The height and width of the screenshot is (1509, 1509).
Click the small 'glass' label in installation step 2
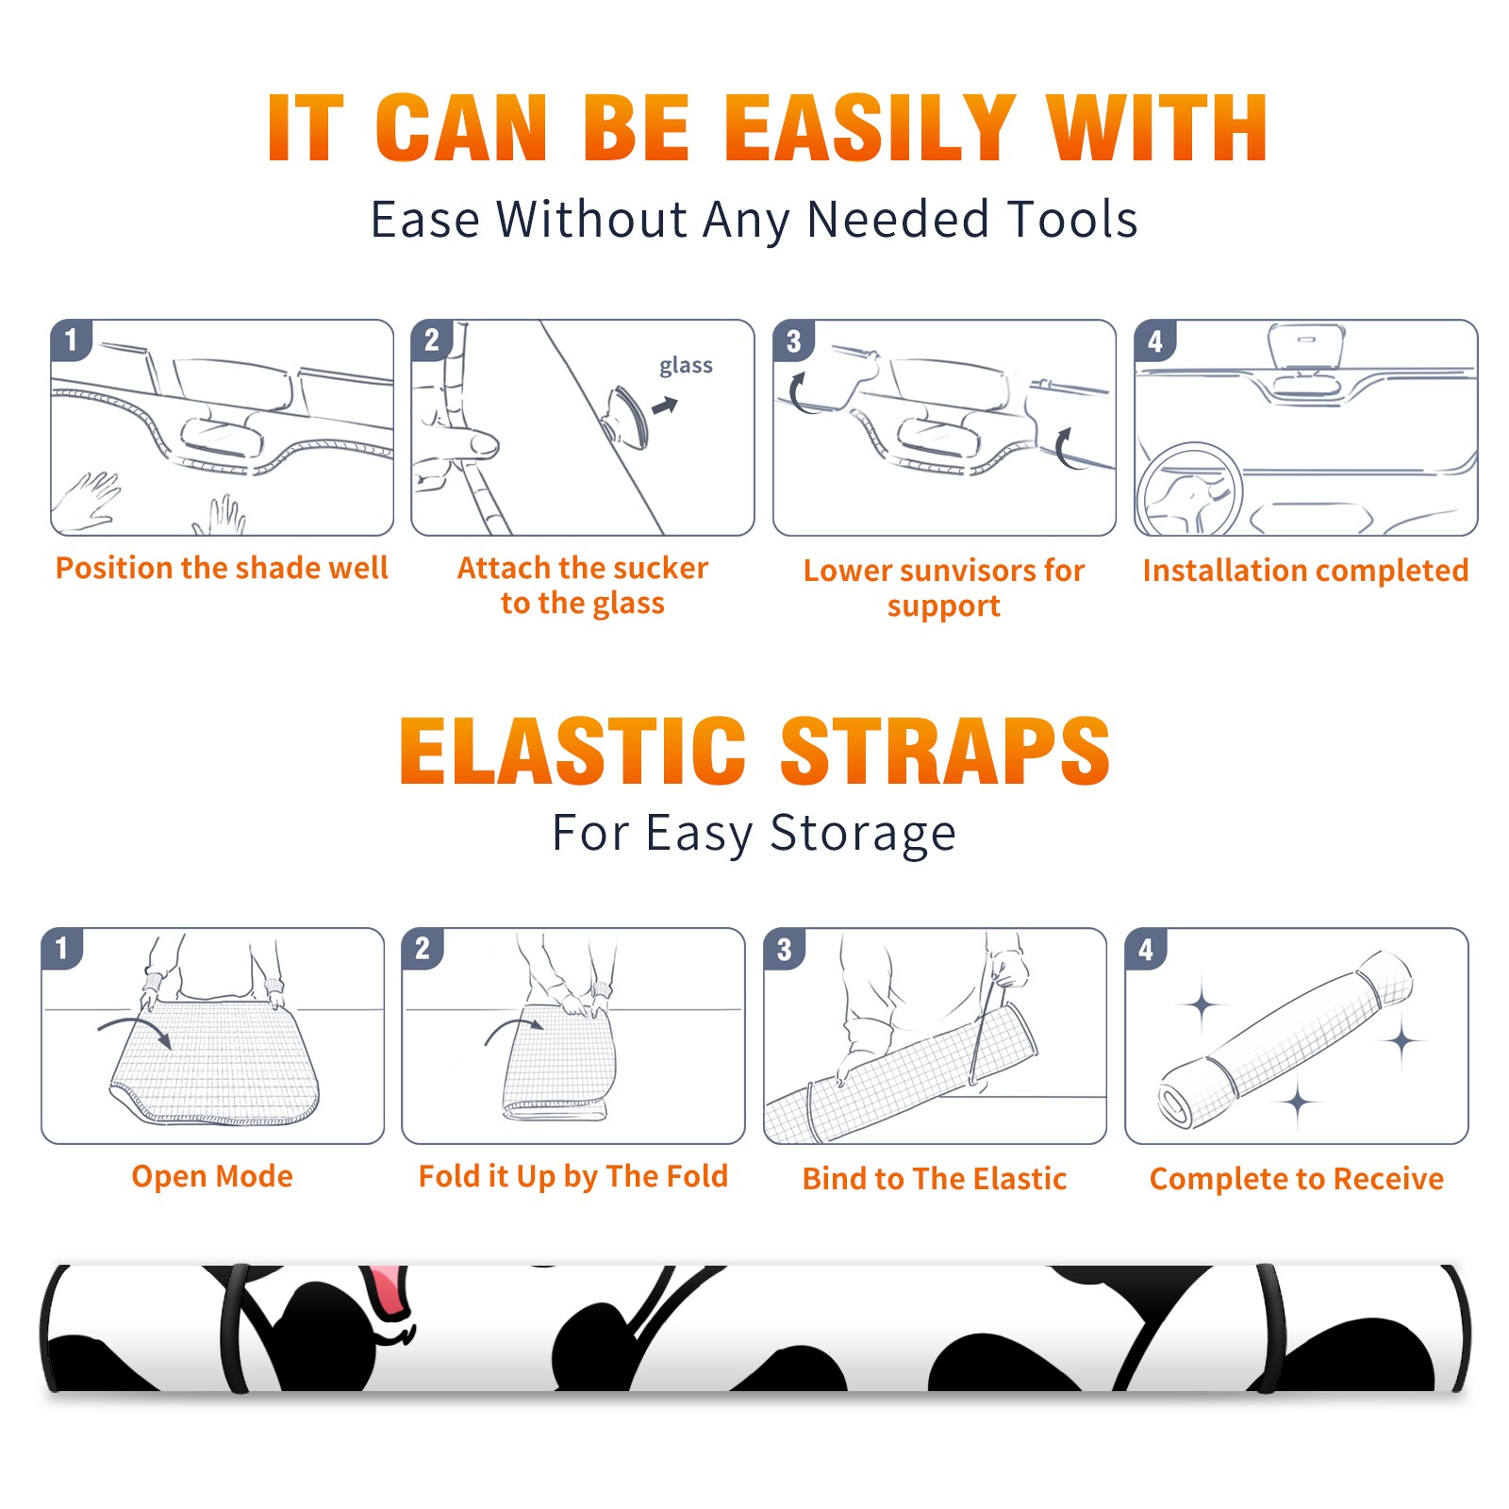click(x=686, y=366)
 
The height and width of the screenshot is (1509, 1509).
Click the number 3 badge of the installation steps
click(x=793, y=340)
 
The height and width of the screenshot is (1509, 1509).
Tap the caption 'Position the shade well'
click(x=222, y=568)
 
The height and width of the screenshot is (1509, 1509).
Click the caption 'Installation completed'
click(x=1305, y=570)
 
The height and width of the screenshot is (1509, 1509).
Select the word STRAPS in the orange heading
click(x=945, y=751)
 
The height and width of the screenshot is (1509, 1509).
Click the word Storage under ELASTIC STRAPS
click(x=863, y=835)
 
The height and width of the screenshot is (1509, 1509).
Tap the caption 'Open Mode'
click(x=212, y=1176)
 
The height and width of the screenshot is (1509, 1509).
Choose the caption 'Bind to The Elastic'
click(x=935, y=1178)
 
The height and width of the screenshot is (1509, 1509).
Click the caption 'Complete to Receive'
click(x=1297, y=1179)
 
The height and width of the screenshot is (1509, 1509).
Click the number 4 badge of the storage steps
click(x=1145, y=949)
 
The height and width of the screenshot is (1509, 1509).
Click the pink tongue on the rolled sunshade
click(x=388, y=1290)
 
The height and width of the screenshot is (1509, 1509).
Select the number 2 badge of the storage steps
click(x=422, y=949)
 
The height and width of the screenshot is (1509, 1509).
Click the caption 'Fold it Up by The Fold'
click(x=573, y=1176)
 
